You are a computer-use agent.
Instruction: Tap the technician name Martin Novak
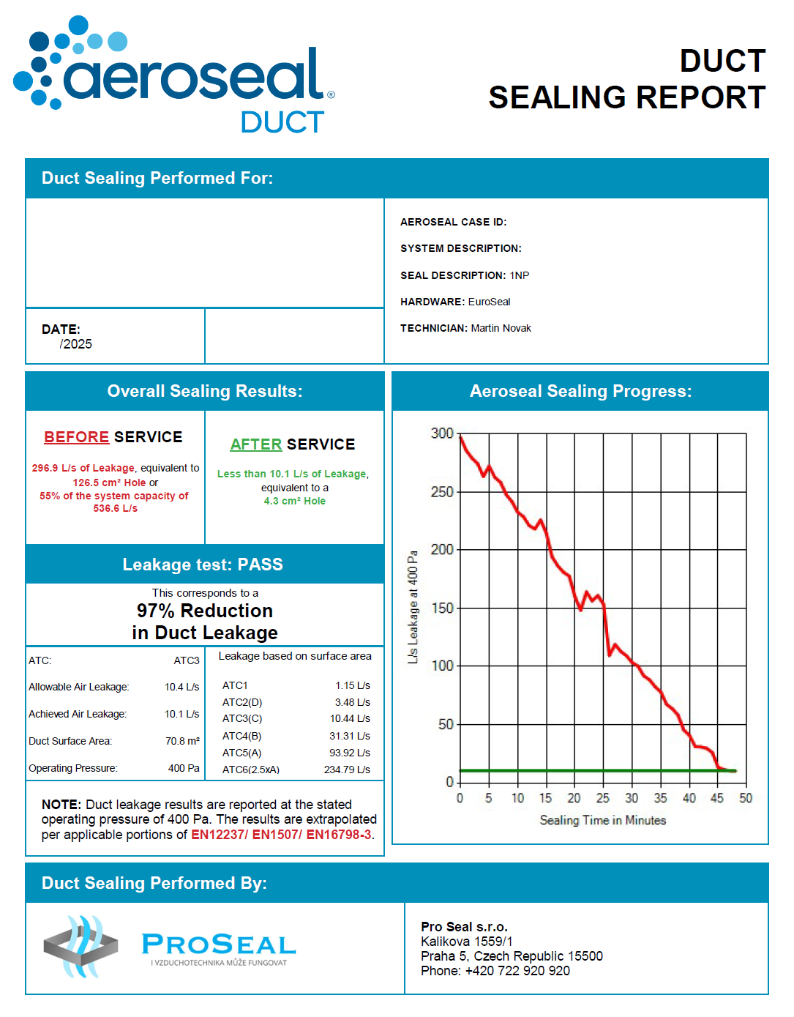(x=501, y=328)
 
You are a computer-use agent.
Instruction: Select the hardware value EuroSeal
(x=489, y=302)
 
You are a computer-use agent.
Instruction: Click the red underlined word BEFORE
(x=76, y=437)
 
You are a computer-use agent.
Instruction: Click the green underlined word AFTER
(x=255, y=444)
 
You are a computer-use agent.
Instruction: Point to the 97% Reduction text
(x=204, y=611)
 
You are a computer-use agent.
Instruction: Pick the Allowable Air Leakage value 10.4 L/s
(x=181, y=687)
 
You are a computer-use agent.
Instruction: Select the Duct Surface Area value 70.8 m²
(x=182, y=741)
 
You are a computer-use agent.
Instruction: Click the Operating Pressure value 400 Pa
(x=183, y=768)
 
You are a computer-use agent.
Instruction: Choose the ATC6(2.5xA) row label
(x=250, y=770)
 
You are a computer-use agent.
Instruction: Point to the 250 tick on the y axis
(x=442, y=491)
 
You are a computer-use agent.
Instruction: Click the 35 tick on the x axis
(x=660, y=798)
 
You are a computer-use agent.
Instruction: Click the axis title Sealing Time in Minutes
(x=602, y=820)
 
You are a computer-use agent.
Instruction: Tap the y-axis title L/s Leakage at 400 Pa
(x=413, y=607)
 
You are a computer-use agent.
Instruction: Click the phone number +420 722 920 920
(x=517, y=971)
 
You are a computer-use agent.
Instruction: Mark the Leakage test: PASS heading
(x=203, y=565)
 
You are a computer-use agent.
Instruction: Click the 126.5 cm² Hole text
(x=109, y=483)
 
